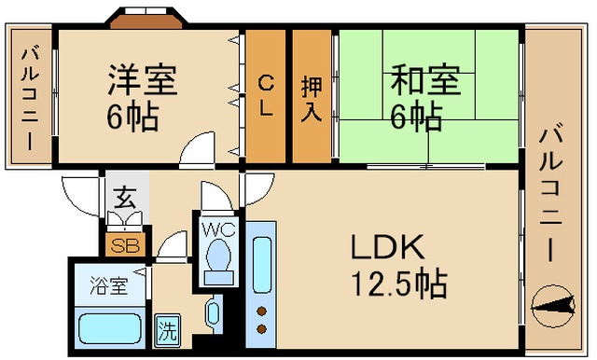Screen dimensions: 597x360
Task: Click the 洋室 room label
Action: click(143, 80)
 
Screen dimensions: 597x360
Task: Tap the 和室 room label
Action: click(425, 80)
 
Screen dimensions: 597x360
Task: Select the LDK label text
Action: click(388, 246)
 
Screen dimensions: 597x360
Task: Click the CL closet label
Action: click(265, 95)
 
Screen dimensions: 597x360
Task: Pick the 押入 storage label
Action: click(312, 100)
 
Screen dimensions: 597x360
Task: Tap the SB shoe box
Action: click(125, 244)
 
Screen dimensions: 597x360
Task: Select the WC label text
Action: click(217, 229)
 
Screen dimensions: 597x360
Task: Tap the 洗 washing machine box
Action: click(167, 331)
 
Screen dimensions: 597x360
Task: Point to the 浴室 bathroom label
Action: click(109, 285)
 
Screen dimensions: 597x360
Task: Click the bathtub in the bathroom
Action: click(110, 328)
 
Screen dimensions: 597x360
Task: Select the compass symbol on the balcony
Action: click(553, 305)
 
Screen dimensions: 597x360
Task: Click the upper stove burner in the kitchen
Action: click(261, 312)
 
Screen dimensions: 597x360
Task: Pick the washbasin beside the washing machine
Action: click(213, 312)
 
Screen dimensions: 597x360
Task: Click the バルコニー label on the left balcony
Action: click(30, 98)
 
